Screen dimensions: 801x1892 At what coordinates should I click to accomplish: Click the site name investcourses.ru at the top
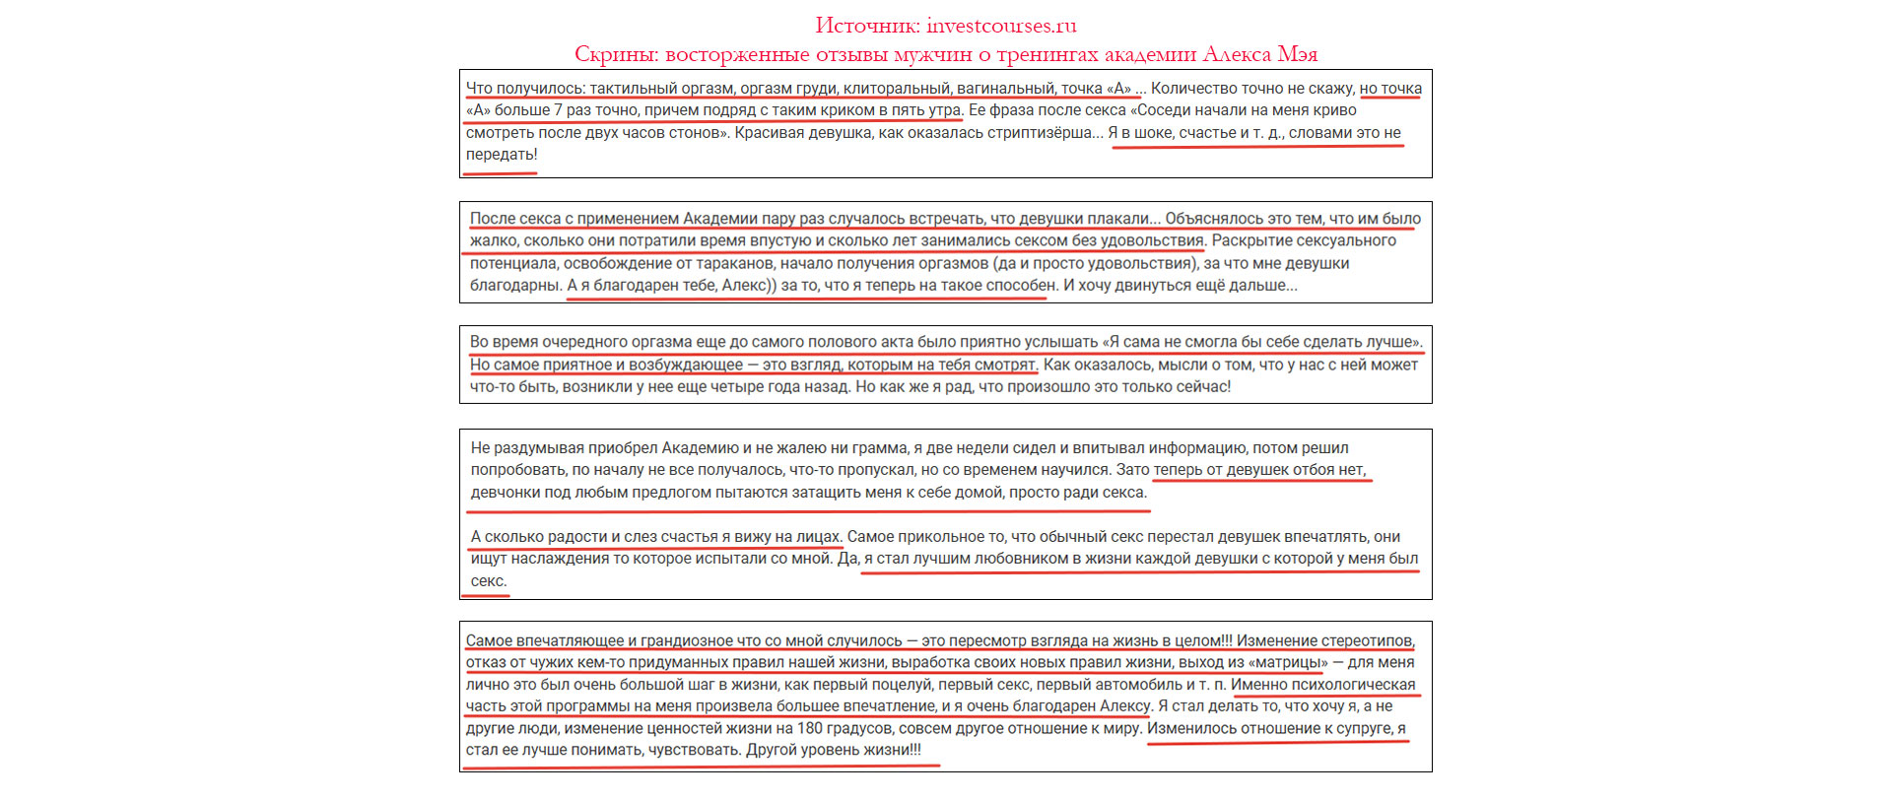click(1001, 26)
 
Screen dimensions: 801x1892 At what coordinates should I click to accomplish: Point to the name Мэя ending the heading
click(1298, 53)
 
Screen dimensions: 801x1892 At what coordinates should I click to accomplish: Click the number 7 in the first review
click(558, 110)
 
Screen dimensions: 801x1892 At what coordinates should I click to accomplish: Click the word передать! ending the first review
click(502, 155)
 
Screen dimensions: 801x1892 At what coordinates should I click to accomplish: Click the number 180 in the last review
click(810, 728)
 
